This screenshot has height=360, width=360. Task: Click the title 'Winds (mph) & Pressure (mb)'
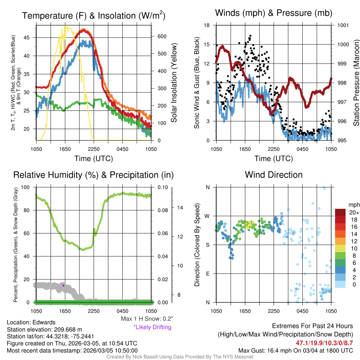pos(274,13)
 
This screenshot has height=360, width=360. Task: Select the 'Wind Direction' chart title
pos(274,175)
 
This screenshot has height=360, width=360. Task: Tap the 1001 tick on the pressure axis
pos(343,25)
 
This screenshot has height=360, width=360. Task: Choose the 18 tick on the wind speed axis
pos(207,25)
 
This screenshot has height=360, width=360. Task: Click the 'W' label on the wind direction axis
pos(207,216)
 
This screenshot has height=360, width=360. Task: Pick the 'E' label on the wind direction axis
pos(207,274)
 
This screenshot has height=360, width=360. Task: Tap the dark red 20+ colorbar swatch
pos(341,213)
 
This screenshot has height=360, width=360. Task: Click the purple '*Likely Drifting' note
pos(152,327)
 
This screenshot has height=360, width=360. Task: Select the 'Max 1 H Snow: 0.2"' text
pos(147,319)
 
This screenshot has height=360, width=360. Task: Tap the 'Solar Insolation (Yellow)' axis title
pos(174,83)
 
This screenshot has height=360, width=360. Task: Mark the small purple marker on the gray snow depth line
pos(63,285)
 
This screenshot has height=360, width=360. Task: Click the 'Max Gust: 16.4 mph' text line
pos(295,351)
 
